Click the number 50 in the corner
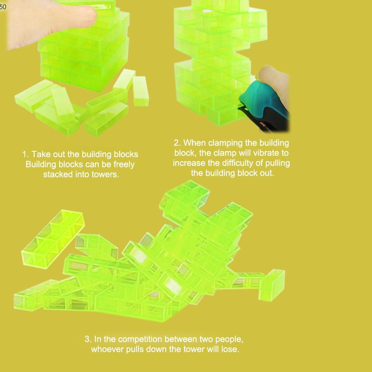[x=3, y=7]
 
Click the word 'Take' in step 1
[x=41, y=154]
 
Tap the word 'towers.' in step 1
[x=105, y=174]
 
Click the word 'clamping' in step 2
[x=225, y=143]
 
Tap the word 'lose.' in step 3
[x=230, y=349]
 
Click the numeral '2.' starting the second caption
[x=177, y=143]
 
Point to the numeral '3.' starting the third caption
[x=88, y=339]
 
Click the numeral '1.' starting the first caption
[x=26, y=154]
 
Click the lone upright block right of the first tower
[x=141, y=91]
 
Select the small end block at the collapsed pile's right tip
[x=272, y=285]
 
